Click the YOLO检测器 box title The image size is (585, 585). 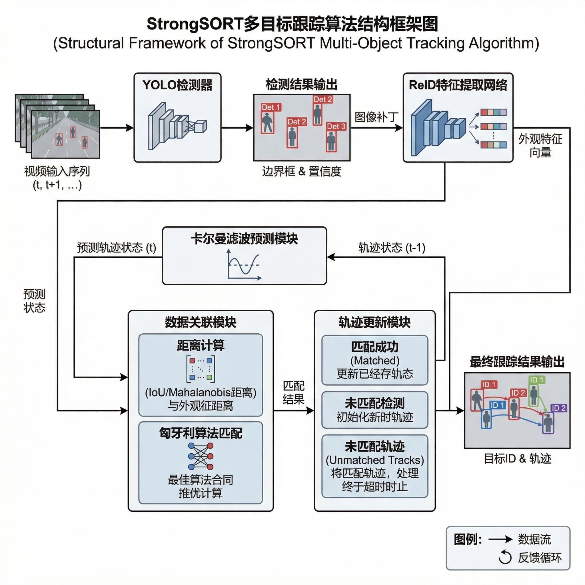tap(177, 85)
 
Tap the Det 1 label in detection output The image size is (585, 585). tap(271, 107)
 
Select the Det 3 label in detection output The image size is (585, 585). tap(336, 126)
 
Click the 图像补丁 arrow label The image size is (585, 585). tap(376, 117)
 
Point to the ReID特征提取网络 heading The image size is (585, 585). tap(458, 85)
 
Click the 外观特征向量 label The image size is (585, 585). tap(540, 146)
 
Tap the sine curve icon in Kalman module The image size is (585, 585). tap(244, 265)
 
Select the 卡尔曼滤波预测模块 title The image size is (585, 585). tap(244, 239)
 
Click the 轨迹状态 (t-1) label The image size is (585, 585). tap(392, 248)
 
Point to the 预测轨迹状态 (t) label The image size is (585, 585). tap(116, 248)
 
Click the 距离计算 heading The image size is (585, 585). tap(201, 345)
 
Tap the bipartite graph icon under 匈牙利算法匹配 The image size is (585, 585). tap(201, 456)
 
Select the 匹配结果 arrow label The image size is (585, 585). tap(293, 393)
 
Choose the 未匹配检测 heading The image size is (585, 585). tap(374, 403)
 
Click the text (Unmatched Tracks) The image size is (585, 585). tap(374, 460)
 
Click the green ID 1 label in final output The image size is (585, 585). tap(536, 380)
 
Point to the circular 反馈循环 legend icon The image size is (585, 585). tap(505, 558)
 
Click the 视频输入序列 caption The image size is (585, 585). tap(57, 171)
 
